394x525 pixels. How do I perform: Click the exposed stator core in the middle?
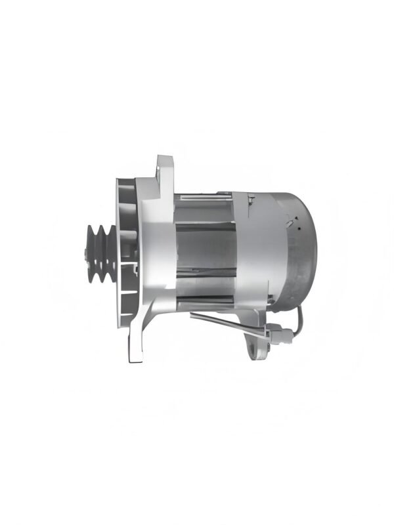click(x=204, y=249)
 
